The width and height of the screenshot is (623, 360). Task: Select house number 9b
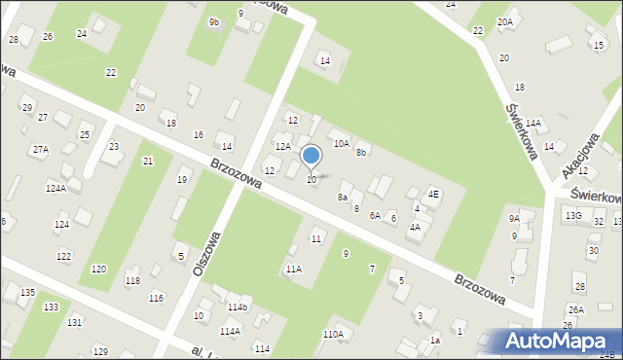213,21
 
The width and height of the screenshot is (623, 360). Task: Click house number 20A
504,21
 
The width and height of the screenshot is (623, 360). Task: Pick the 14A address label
532,124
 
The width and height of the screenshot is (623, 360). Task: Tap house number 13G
573,215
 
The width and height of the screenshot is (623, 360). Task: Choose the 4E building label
434,194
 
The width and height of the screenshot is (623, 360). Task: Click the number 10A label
341,143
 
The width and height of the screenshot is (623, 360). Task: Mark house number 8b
361,152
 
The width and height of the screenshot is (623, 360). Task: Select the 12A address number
282,146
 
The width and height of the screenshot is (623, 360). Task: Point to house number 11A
293,269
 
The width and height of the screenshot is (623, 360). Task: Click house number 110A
333,334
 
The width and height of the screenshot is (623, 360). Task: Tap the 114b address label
238,307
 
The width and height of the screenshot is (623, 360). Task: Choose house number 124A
55,189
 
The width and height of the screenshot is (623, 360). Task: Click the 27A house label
40,150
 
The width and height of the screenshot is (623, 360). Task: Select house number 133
50,306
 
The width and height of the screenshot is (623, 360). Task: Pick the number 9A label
514,219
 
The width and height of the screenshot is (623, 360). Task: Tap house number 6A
375,215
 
